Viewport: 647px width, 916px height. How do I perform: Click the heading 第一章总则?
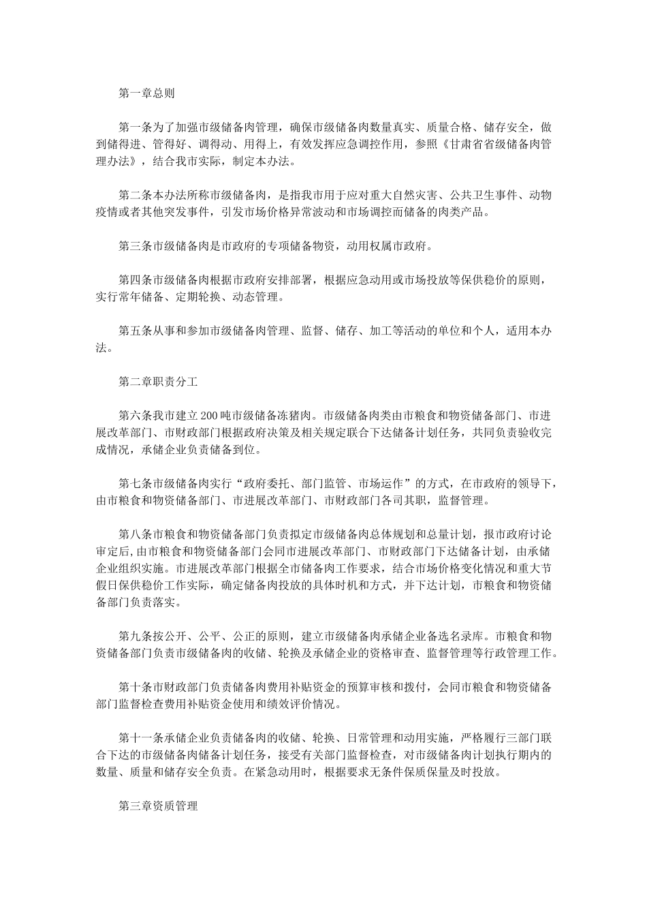pos(146,93)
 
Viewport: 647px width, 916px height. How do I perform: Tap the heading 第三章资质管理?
pos(158,806)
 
